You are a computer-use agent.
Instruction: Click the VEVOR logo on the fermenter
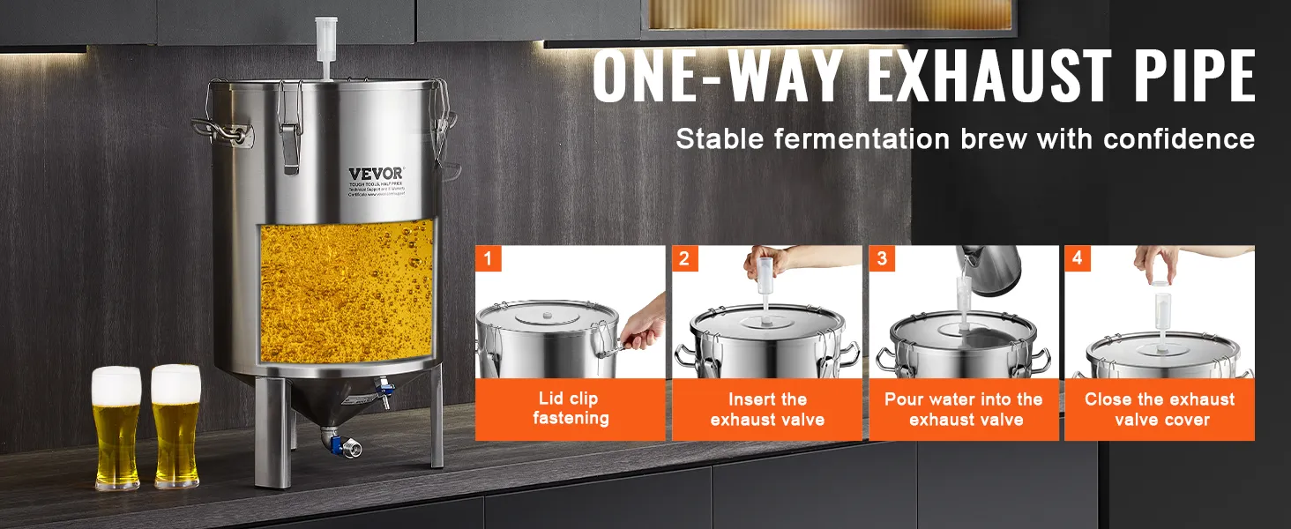point(375,173)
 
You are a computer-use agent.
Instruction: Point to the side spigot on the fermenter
point(384,389)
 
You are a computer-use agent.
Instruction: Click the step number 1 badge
point(488,258)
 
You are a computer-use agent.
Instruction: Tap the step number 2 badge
point(684,258)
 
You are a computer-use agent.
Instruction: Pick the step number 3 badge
point(881,258)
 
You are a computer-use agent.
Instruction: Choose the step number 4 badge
point(1077,258)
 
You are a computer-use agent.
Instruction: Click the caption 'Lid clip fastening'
point(571,409)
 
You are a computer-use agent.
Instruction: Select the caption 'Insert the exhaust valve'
point(767,409)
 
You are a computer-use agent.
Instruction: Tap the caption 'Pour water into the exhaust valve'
point(964,409)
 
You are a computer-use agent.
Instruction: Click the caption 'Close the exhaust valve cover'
point(1160,409)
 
